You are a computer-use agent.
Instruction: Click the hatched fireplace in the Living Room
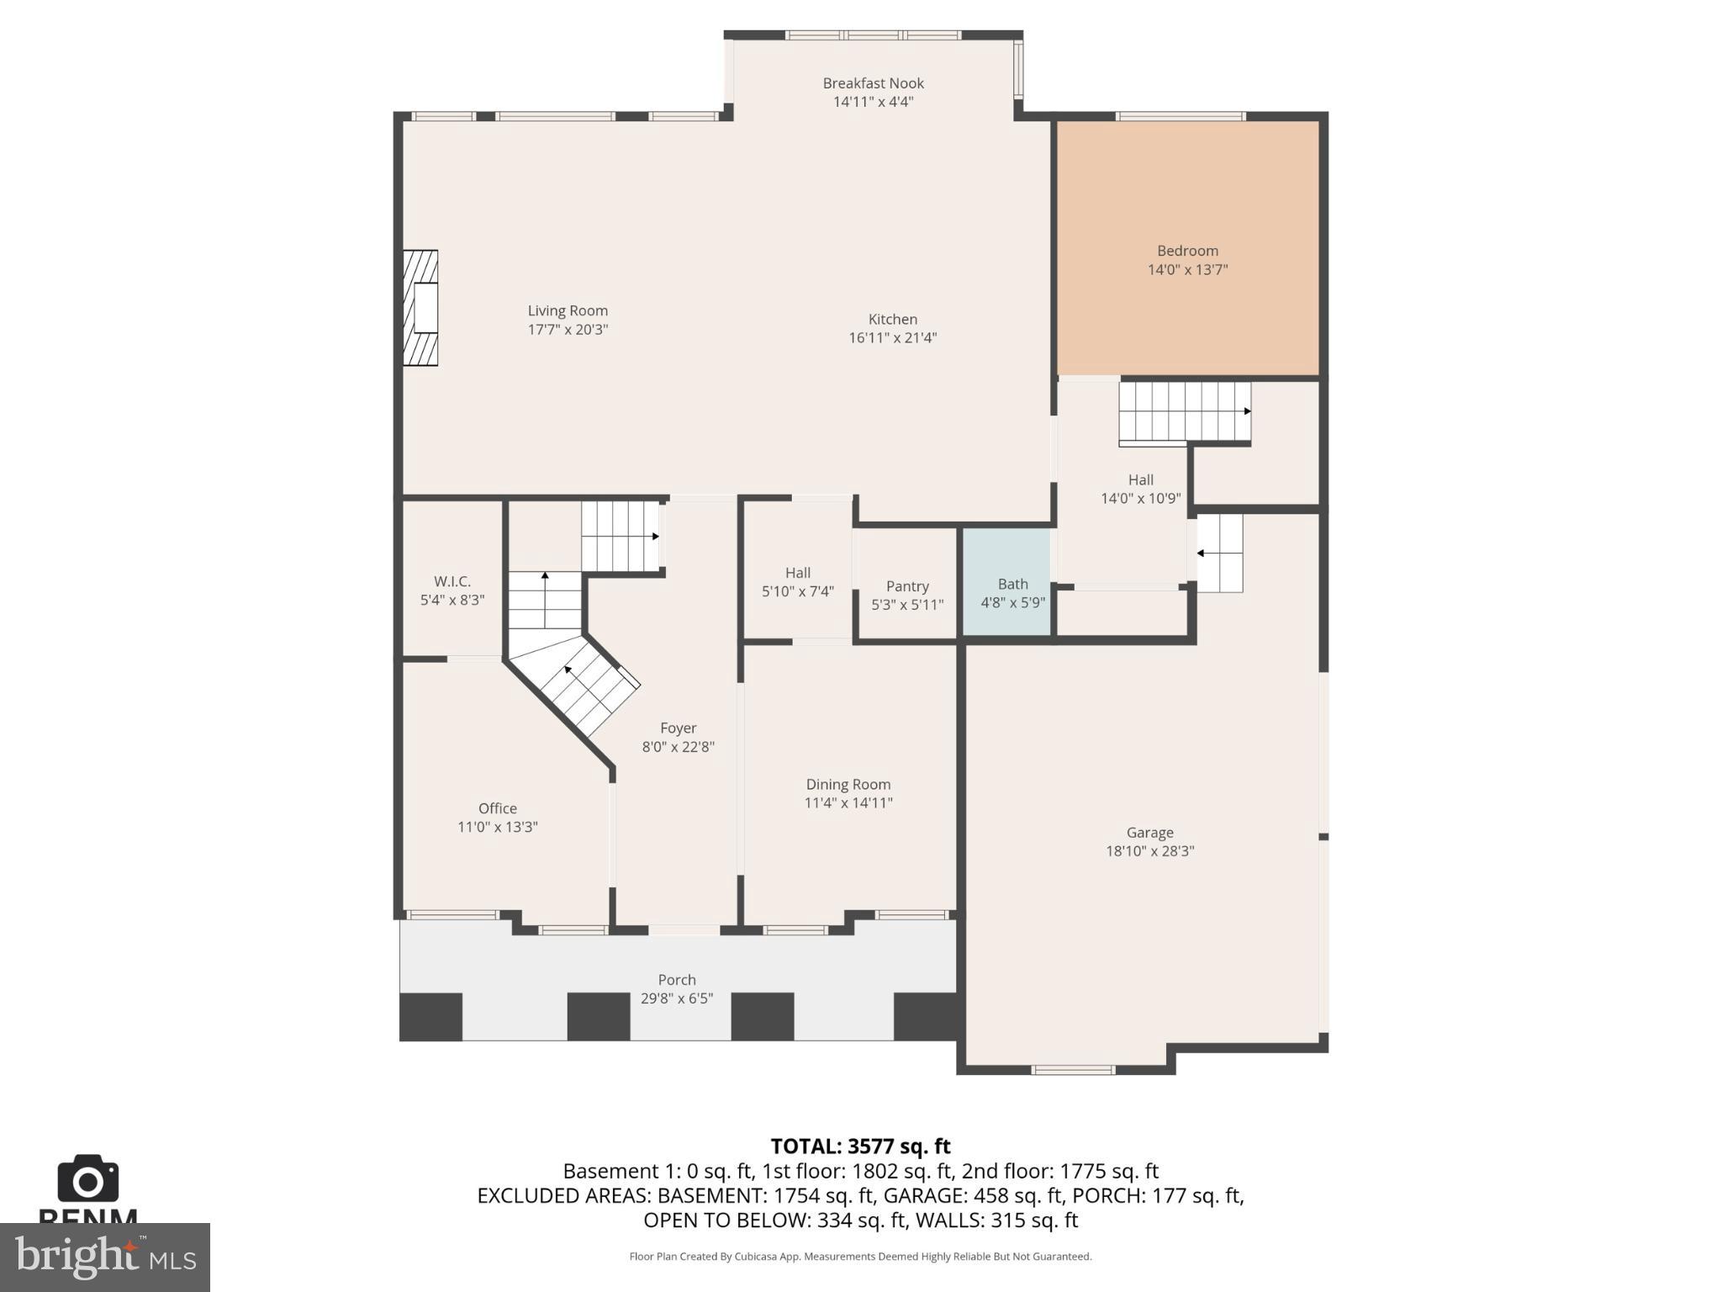pyautogui.click(x=420, y=308)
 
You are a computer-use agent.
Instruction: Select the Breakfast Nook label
pyautogui.click(x=873, y=83)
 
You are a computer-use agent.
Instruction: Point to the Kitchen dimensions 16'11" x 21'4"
pyautogui.click(x=892, y=338)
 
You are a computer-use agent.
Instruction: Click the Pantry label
pyautogui.click(x=907, y=586)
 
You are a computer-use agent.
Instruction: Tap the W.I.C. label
pyautogui.click(x=452, y=581)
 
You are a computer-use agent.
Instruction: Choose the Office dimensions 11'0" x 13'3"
pyautogui.click(x=497, y=827)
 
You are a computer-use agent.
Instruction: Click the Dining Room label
pyautogui.click(x=848, y=784)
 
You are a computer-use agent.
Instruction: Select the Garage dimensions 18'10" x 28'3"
pyautogui.click(x=1149, y=851)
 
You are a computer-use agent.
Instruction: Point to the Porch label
pyautogui.click(x=677, y=980)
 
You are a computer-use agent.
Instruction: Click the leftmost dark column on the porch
pyautogui.click(x=430, y=1017)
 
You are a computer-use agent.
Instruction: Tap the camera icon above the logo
pyautogui.click(x=88, y=1179)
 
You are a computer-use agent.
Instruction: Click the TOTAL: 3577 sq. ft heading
pyautogui.click(x=860, y=1146)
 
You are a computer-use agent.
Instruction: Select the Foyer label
pyautogui.click(x=678, y=728)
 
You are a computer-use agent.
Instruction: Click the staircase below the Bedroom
pyautogui.click(x=1184, y=412)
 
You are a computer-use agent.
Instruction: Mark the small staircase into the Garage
pyautogui.click(x=1219, y=553)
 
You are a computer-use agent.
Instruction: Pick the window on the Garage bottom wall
pyautogui.click(x=1073, y=1070)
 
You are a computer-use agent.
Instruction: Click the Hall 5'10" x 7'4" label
pyautogui.click(x=797, y=573)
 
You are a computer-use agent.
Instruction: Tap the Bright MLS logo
pyautogui.click(x=105, y=1257)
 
